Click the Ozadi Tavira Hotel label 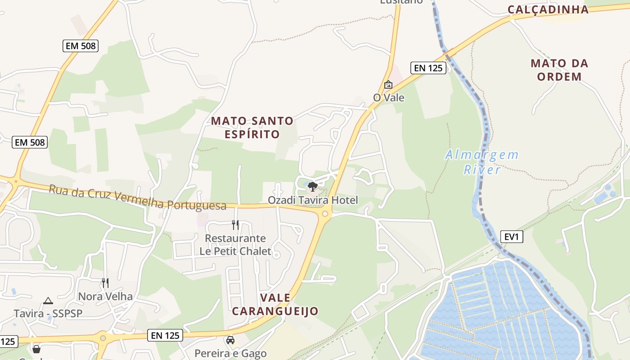click(313, 200)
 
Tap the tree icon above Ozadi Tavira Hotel click(312, 186)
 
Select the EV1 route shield click(512, 236)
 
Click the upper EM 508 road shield click(80, 45)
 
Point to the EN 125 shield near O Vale click(428, 68)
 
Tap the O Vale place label click(389, 98)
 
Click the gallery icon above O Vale click(388, 84)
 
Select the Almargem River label click(482, 162)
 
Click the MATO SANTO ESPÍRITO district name click(252, 127)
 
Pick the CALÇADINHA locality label click(548, 9)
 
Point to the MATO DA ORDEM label click(559, 70)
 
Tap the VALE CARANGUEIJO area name click(275, 304)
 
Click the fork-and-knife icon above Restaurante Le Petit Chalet click(235, 225)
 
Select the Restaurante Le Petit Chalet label click(235, 245)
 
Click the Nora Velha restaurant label click(105, 296)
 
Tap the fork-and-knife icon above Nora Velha click(105, 283)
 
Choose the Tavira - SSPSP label click(48, 313)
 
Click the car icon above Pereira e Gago click(230, 340)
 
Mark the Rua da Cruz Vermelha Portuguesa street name click(137, 197)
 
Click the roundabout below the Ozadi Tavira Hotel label click(325, 214)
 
